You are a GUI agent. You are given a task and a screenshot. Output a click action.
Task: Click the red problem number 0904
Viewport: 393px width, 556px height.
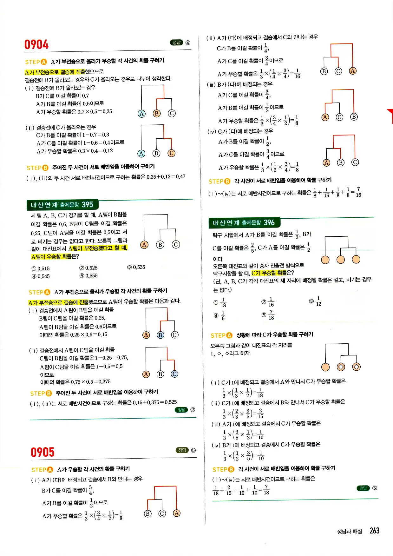click(x=36, y=45)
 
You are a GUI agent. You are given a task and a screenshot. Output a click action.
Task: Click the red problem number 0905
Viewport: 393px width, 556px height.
click(x=43, y=452)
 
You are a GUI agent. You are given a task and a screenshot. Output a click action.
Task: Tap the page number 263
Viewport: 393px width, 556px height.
click(x=374, y=531)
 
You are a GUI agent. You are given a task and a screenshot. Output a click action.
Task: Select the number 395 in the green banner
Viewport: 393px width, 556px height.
click(x=87, y=205)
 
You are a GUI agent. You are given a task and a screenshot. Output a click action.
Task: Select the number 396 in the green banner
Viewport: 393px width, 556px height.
click(x=269, y=223)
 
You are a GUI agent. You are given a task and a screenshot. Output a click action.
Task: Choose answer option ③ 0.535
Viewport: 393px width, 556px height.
click(x=136, y=267)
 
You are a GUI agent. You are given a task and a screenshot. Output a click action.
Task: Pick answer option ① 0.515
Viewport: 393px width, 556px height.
click(x=41, y=268)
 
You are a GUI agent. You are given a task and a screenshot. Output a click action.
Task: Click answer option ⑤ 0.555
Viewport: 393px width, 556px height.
click(x=88, y=276)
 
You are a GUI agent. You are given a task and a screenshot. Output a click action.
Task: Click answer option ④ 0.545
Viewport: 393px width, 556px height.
click(x=41, y=276)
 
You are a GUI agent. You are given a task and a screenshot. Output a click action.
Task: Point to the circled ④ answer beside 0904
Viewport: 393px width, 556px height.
click(x=188, y=43)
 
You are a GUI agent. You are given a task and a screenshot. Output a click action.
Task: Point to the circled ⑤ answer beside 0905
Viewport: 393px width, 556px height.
click(x=193, y=450)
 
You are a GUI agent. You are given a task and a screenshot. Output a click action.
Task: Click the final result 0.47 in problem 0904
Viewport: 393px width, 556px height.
click(x=180, y=177)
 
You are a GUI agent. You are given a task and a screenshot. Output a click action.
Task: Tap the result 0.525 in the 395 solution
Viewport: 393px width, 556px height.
click(x=171, y=402)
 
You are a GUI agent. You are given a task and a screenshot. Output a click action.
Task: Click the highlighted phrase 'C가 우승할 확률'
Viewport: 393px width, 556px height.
click(x=269, y=273)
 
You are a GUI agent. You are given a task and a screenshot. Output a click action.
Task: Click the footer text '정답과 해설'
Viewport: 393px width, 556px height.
click(x=349, y=532)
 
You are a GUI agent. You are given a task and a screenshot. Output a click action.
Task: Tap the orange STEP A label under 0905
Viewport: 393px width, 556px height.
click(x=42, y=470)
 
